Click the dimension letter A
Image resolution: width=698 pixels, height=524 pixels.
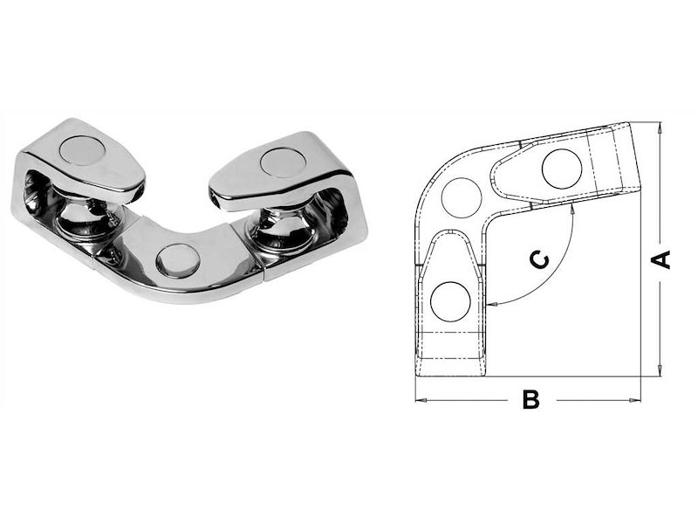tap(661, 259)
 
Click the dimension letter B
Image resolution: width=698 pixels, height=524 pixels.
tap(531, 399)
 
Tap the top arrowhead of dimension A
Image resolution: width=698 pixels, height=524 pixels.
tap(660, 127)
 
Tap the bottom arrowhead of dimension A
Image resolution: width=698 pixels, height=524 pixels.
tap(660, 370)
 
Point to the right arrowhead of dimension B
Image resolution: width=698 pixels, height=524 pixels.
tap(635, 400)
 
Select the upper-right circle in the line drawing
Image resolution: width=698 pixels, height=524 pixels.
tap(562, 169)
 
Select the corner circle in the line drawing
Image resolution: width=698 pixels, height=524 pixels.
tap(462, 198)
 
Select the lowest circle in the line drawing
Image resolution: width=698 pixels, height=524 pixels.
tap(450, 301)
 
